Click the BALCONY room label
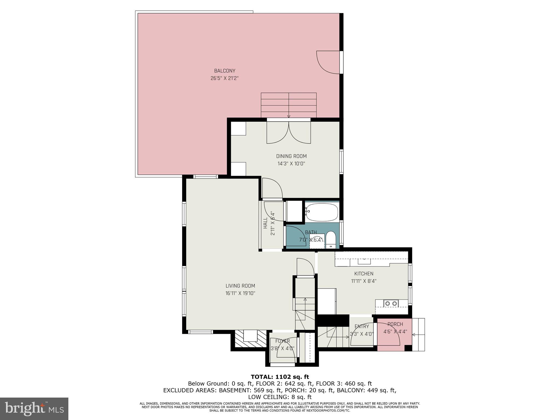pyautogui.click(x=224, y=71)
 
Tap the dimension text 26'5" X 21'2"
pyautogui.click(x=224, y=78)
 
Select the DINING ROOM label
pyautogui.click(x=291, y=156)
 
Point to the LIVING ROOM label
pyautogui.click(x=240, y=286)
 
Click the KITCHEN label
pyautogui.click(x=364, y=273)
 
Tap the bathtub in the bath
pyautogui.click(x=322, y=212)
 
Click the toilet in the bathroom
pyautogui.click(x=331, y=239)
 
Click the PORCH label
pyautogui.click(x=395, y=324)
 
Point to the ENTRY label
pyautogui.click(x=362, y=326)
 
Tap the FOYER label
pyautogui.click(x=282, y=341)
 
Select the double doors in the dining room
pyautogui.click(x=288, y=133)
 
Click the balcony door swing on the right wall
pyautogui.click(x=328, y=62)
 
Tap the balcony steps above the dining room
pyautogui.click(x=288, y=105)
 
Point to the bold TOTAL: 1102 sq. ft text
pyautogui.click(x=280, y=377)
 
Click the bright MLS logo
pyautogui.click(x=34, y=409)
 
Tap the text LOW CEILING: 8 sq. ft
pyautogui.click(x=280, y=397)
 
